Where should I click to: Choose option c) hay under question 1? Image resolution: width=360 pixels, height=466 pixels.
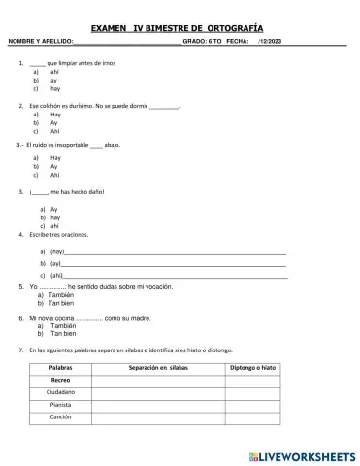tap(54, 88)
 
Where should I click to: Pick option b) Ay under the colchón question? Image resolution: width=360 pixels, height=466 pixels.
tap(54, 122)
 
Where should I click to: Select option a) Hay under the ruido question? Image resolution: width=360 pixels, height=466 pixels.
tap(54, 157)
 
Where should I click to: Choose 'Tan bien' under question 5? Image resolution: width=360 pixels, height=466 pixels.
tap(62, 304)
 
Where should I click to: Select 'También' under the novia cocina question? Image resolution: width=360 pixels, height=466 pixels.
tap(62, 325)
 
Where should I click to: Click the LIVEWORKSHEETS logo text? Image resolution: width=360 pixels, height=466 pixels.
tap(307, 454)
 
